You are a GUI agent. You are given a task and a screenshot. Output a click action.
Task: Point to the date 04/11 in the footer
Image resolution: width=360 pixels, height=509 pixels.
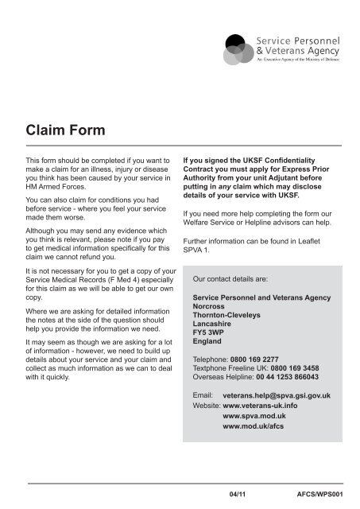pyautogui.click(x=238, y=494)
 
